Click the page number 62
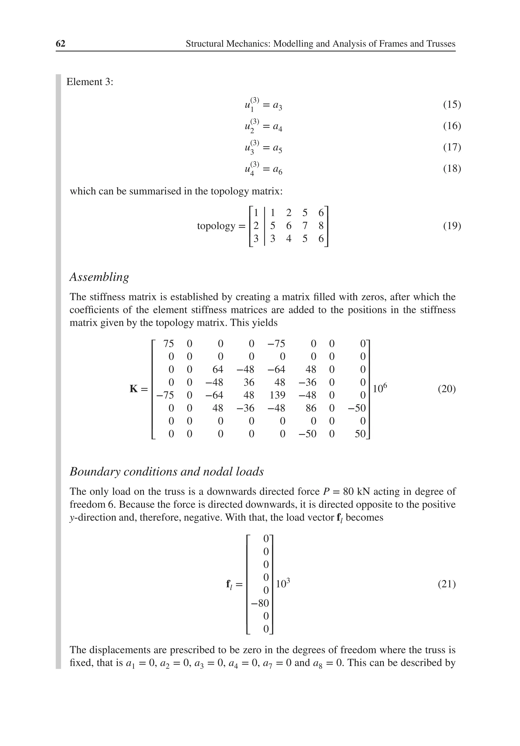tap(60, 44)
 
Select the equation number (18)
tap(452, 169)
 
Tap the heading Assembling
tap(99, 277)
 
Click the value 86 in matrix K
tap(311, 408)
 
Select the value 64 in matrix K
tap(218, 369)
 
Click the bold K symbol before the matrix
tap(133, 389)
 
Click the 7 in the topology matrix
tap(304, 226)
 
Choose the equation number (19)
tap(452, 226)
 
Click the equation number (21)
tap(447, 584)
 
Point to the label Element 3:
tap(90, 82)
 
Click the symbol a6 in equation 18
tap(278, 169)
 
